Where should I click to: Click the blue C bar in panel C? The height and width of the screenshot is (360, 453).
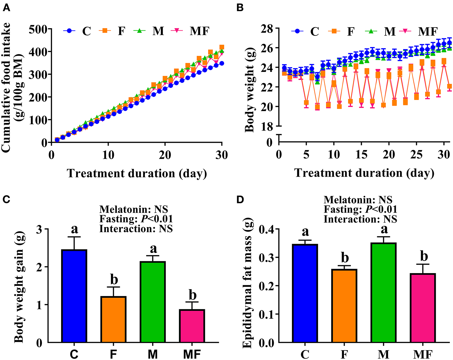74,296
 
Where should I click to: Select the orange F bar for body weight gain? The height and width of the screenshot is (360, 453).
113,319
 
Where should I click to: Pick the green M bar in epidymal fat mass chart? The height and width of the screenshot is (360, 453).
384,292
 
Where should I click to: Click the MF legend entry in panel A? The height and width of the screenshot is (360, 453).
199,31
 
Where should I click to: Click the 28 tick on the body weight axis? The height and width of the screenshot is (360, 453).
267,29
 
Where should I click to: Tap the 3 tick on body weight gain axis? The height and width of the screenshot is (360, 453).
39,229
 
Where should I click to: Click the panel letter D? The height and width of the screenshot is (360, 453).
240,200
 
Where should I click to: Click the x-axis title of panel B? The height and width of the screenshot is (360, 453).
364,173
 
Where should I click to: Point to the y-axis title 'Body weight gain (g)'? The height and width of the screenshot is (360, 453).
19,287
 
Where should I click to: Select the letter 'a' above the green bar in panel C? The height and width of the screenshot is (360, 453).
153,249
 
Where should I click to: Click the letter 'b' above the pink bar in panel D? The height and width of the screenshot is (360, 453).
424,256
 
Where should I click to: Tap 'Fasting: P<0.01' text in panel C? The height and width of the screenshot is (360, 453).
136,219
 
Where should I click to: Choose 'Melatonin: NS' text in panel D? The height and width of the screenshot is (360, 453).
358,200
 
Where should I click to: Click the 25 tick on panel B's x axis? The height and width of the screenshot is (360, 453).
417,155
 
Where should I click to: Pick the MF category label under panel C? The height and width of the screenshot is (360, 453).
192,354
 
